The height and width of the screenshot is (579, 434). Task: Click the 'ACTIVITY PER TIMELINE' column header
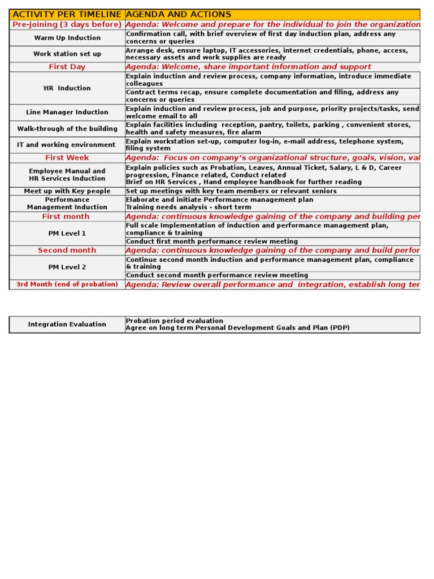pos(67,14)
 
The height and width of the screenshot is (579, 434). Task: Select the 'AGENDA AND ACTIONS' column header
pos(178,14)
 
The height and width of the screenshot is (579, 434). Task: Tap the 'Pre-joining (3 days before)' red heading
pos(67,25)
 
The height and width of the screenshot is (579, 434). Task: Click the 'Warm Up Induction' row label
pos(67,38)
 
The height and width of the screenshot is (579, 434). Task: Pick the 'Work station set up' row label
pos(67,54)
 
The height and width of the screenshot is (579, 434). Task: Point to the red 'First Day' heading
pos(67,67)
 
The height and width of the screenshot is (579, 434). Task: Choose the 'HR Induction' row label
pos(67,88)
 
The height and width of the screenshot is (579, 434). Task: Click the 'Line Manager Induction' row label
pos(67,113)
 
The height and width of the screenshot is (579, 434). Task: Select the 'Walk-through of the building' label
pos(67,129)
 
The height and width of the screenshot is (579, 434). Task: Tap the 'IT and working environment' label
pos(67,145)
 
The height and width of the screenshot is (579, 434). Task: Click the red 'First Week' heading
pos(67,158)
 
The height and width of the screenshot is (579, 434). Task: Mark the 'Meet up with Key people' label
pos(67,191)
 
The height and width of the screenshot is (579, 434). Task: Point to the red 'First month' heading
pos(67,217)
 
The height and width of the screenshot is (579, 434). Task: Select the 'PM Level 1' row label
pos(67,234)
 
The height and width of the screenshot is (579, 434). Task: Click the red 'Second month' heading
pos(67,250)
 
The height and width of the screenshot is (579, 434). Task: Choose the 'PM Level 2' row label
pos(67,267)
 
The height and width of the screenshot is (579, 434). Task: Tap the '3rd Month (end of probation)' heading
pos(67,284)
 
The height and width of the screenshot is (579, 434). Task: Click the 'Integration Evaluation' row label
pos(67,325)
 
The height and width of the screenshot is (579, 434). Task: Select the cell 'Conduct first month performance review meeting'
pos(211,241)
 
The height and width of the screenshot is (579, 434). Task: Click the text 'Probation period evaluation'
pos(174,321)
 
